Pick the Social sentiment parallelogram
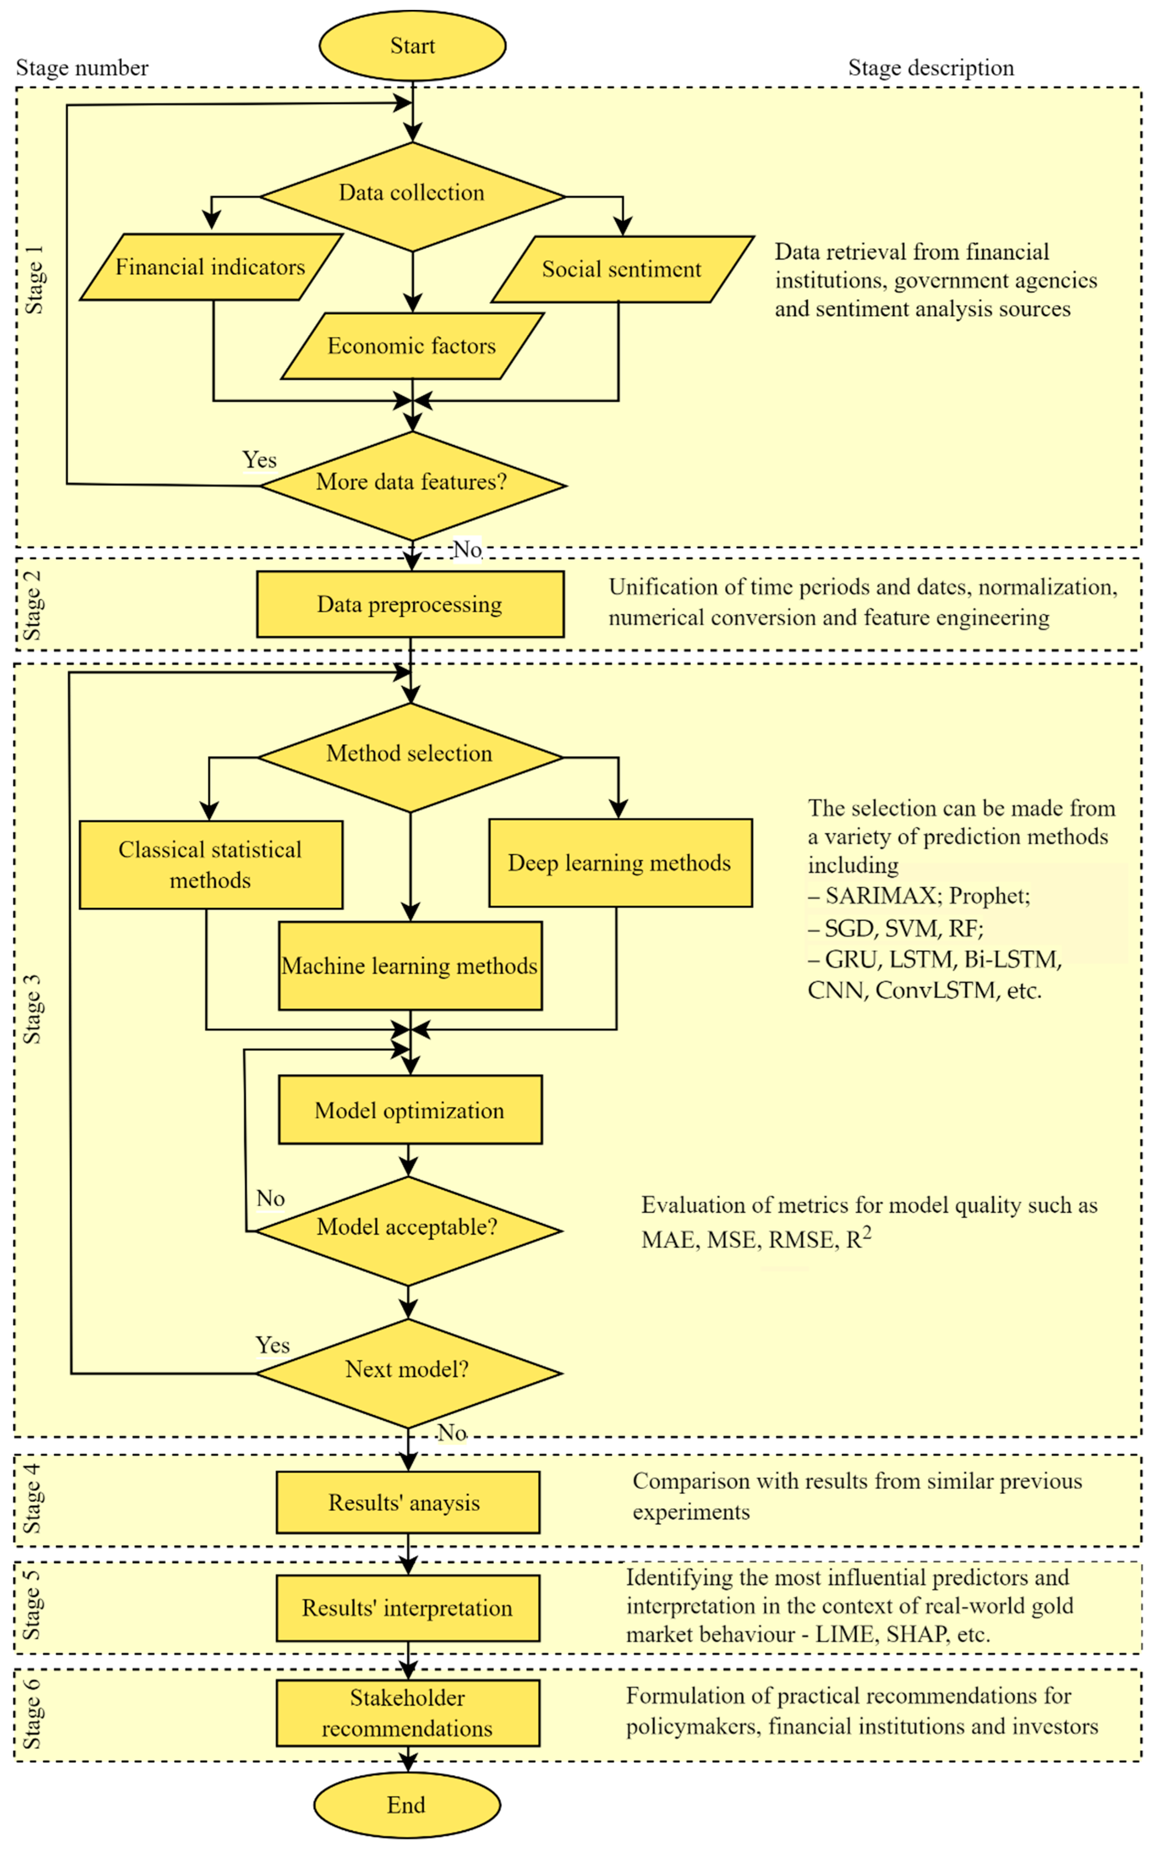point(622,269)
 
